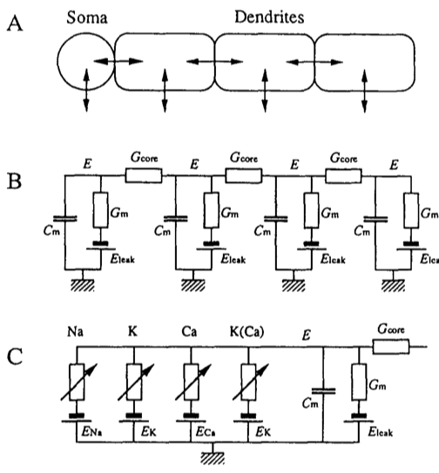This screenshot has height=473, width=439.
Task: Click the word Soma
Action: click(87, 17)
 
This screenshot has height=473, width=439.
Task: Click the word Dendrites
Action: click(269, 17)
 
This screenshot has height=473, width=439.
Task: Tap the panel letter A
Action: click(15, 24)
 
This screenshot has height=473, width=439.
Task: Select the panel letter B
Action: click(14, 180)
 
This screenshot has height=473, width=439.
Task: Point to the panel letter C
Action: click(15, 356)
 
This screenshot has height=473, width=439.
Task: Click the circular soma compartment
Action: click(57, 61)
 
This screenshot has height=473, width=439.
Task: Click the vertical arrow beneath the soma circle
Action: click(86, 91)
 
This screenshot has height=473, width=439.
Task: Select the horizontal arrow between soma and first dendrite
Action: click(118, 61)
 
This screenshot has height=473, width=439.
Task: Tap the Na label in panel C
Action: click(75, 332)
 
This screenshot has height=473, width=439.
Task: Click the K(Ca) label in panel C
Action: click(247, 332)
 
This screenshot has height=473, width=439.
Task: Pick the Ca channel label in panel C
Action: click(189, 332)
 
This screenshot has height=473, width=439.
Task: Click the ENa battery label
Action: click(91, 432)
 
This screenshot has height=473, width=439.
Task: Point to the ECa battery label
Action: click(206, 432)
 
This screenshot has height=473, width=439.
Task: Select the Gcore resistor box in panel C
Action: click(391, 347)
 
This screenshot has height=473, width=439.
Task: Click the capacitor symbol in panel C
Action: click(323, 391)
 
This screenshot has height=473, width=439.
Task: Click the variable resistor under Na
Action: click(77, 382)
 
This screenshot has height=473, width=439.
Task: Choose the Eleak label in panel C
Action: click(381, 432)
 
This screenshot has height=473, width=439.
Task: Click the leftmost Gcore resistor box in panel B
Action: click(144, 176)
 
